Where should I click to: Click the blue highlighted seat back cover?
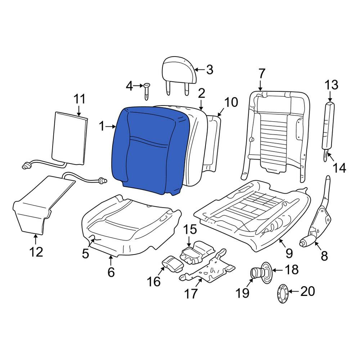pyautogui.click(x=148, y=151)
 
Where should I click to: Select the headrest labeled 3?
pyautogui.click(x=179, y=70)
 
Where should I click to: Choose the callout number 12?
pyautogui.click(x=36, y=252)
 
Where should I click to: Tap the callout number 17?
pyautogui.click(x=191, y=293)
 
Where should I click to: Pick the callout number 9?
pyautogui.click(x=289, y=253)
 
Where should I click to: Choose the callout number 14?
pyautogui.click(x=339, y=167)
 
